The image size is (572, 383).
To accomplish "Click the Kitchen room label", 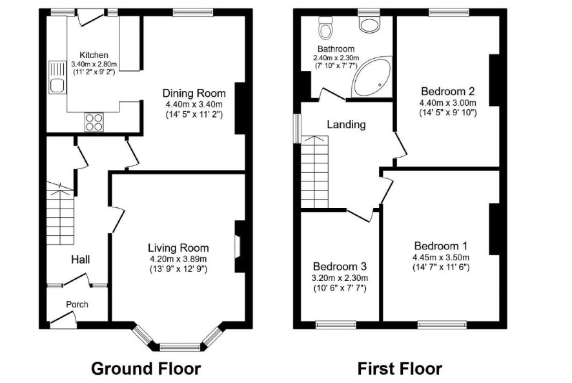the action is click(x=94, y=55).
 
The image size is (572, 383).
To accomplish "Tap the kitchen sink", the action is click(x=57, y=78).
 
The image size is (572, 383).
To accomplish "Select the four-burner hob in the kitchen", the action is click(x=94, y=122).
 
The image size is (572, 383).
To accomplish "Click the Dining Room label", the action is click(x=194, y=93).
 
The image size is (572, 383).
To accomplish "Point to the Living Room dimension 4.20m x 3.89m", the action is click(x=178, y=259).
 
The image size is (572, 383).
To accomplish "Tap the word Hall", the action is click(x=80, y=260).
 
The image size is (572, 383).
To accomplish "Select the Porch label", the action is click(x=77, y=304).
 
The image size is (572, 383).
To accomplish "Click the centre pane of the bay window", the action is click(x=180, y=347).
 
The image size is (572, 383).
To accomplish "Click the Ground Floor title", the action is click(x=146, y=368).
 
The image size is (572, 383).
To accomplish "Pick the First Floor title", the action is click(x=400, y=368).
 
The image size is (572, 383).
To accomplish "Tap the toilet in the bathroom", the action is click(x=324, y=28).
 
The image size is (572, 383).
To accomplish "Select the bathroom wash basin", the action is click(x=369, y=25).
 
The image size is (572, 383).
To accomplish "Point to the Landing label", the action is click(x=346, y=125).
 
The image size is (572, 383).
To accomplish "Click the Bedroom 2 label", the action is click(x=447, y=91).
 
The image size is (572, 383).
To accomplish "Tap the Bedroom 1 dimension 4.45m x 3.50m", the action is click(x=441, y=257).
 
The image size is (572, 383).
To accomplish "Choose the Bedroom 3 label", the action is click(x=340, y=266).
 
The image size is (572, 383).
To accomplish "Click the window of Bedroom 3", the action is click(x=336, y=325).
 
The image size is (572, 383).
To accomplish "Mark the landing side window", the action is click(x=298, y=128).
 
